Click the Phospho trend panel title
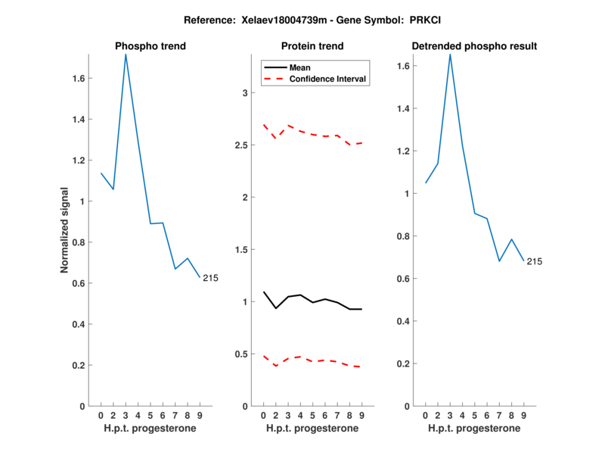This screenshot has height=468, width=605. (150, 46)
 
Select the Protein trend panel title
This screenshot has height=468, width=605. (312, 46)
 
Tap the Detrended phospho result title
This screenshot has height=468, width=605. (474, 46)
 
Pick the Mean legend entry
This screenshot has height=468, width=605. (300, 67)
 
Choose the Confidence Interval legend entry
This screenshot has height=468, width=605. (328, 79)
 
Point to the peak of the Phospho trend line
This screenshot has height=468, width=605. (126, 54)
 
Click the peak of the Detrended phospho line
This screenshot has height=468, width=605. (450, 54)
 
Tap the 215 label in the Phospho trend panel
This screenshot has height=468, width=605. (210, 278)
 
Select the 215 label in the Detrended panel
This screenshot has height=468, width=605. (535, 261)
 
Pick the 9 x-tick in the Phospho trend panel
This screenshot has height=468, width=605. (200, 415)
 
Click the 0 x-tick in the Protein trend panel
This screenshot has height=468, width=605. (263, 415)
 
